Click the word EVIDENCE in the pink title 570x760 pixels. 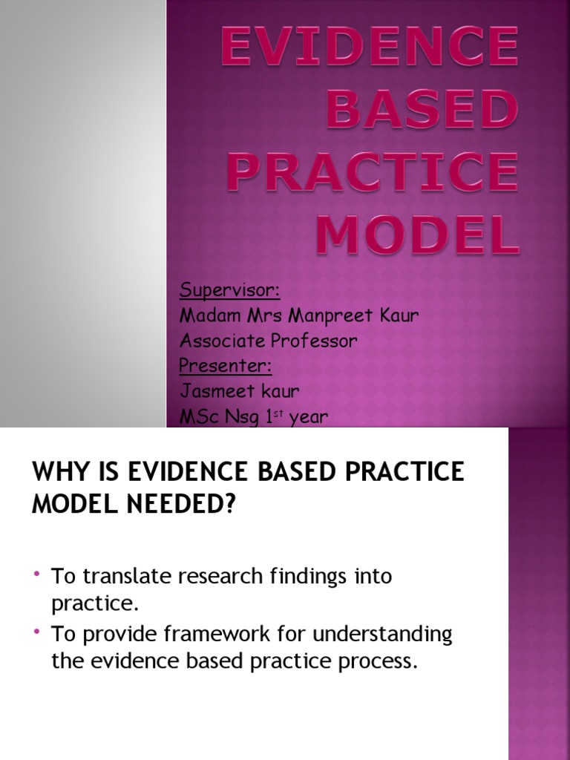point(369,46)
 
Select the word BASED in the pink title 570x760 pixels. point(420,108)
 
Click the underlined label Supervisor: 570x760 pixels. point(230,289)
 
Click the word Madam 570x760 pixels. point(206,315)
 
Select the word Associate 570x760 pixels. point(217,341)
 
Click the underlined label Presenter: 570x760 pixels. point(226,367)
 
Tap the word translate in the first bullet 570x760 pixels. point(127,576)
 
